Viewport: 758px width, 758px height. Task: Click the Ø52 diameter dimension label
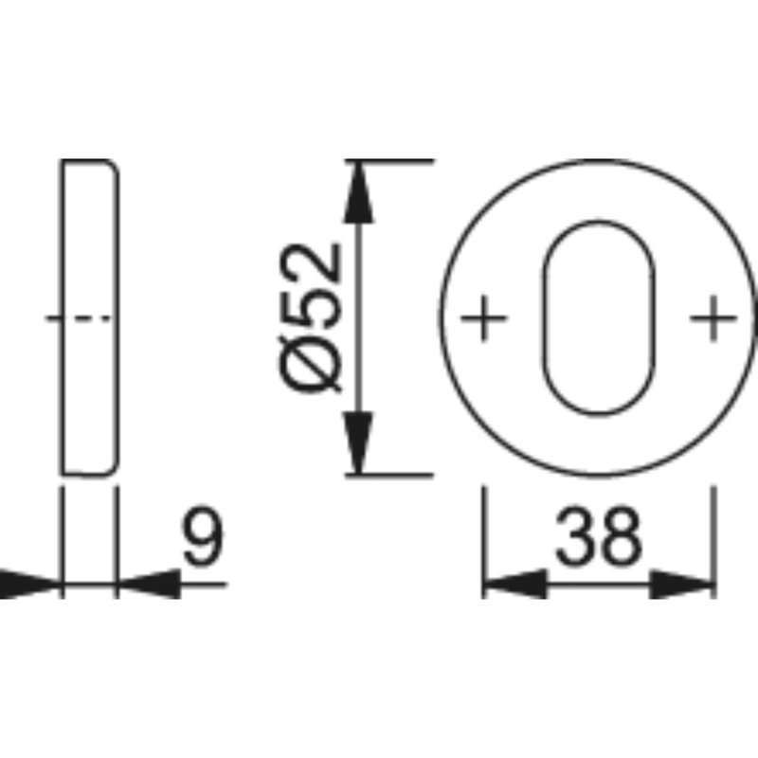(310, 317)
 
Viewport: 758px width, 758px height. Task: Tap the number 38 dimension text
(599, 536)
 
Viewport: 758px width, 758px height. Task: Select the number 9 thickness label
(203, 535)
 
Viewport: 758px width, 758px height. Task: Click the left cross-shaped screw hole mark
(483, 317)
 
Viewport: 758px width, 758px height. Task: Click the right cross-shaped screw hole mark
(713, 317)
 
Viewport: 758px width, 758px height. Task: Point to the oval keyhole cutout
(543, 317)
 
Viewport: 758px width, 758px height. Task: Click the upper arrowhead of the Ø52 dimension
(358, 192)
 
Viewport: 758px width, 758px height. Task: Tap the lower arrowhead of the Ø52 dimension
(358, 442)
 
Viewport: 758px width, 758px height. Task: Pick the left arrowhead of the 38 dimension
(516, 584)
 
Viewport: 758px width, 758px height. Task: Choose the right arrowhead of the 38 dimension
(681, 584)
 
